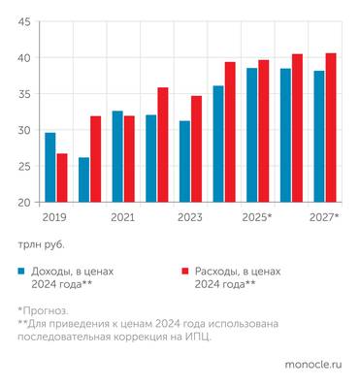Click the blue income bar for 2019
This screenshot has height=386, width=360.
tap(49, 168)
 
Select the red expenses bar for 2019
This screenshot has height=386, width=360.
tap(62, 178)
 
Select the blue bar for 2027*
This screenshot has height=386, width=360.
tap(319, 137)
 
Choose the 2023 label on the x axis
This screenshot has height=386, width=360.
tap(190, 218)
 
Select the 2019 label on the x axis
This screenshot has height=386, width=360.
tap(55, 218)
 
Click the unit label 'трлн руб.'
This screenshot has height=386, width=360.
tap(41, 245)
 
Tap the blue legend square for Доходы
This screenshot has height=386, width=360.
tap(21, 273)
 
